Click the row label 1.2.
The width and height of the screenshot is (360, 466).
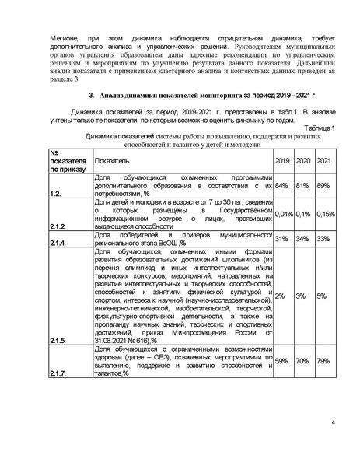[x=56, y=192]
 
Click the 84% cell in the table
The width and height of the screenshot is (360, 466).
[x=282, y=186]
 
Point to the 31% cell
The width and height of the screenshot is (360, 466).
[x=282, y=239]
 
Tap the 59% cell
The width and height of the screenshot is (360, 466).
[x=282, y=361]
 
